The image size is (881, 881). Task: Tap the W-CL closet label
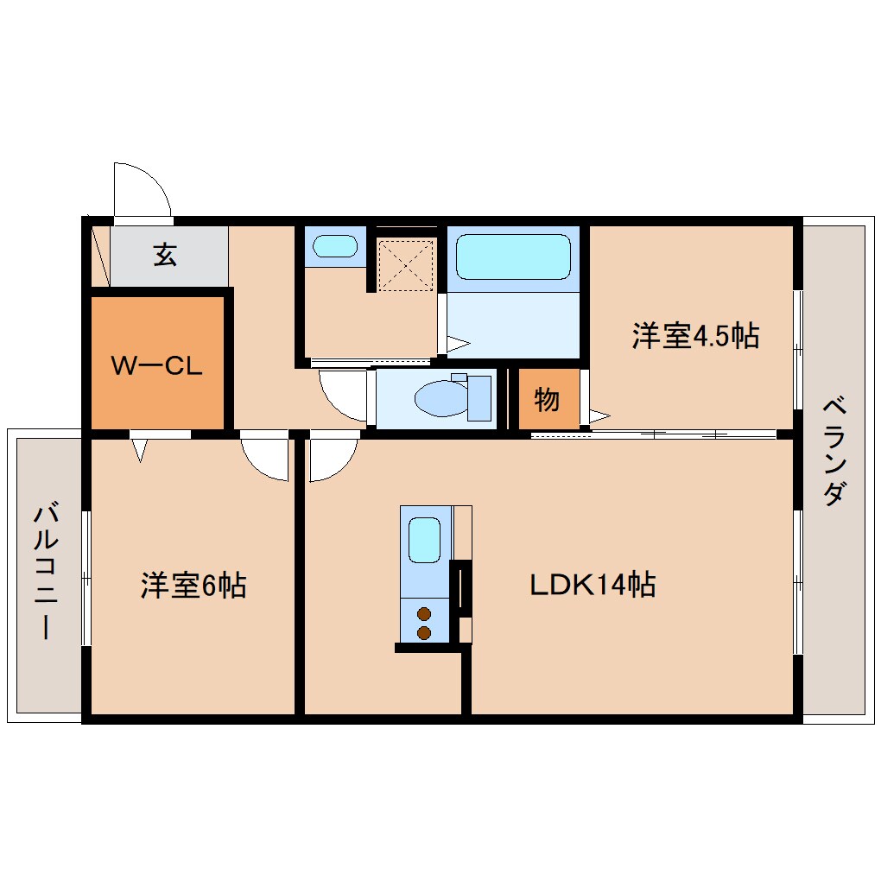[156, 365]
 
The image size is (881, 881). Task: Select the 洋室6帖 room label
[193, 586]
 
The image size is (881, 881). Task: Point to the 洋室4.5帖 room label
[695, 335]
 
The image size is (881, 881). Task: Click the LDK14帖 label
[593, 585]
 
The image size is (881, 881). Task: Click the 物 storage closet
[546, 400]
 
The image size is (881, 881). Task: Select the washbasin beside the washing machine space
[334, 246]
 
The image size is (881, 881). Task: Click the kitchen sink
[424, 541]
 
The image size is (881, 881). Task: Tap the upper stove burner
[424, 614]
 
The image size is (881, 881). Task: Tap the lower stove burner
[424, 633]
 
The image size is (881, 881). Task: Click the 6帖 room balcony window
[86, 579]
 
